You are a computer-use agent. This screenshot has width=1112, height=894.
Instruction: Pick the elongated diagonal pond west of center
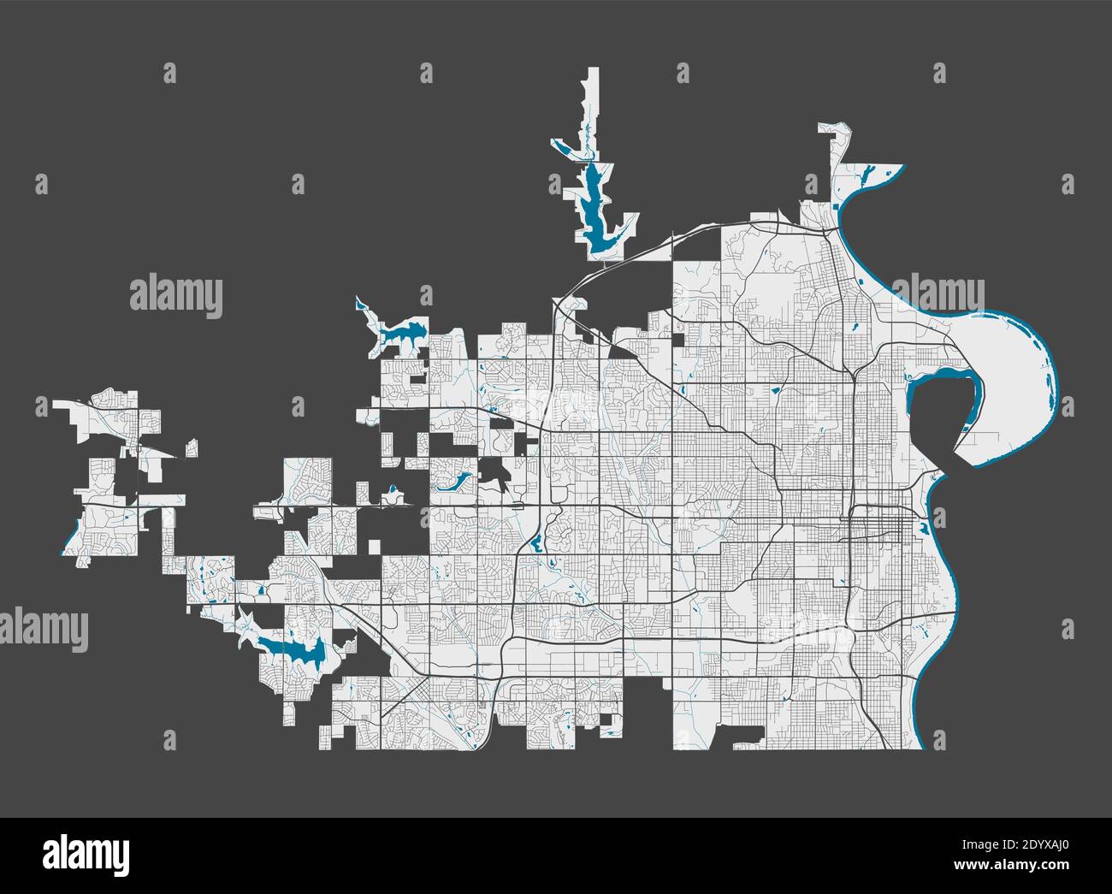452,482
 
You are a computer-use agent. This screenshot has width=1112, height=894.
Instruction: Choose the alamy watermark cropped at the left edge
43,630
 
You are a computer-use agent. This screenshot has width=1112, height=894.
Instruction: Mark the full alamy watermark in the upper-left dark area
176,296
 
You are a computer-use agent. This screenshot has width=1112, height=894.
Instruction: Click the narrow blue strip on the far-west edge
69,536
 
